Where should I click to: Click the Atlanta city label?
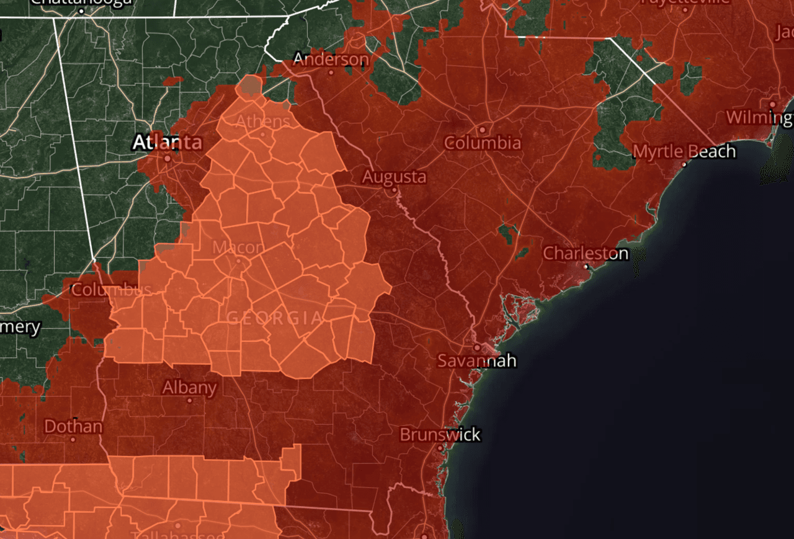point(167,143)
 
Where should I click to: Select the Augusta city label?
point(395,177)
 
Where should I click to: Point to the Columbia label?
point(482,143)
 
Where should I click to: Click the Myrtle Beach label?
point(684,151)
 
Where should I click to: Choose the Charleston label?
point(586,253)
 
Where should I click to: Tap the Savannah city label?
point(476,360)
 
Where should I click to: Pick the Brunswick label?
point(440,434)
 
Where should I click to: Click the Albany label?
point(189,388)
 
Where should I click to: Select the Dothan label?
point(73,426)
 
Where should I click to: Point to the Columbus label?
point(111,290)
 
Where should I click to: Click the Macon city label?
point(238,247)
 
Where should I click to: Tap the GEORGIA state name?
point(274,318)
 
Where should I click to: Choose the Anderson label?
point(331,60)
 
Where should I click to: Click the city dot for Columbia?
point(482,130)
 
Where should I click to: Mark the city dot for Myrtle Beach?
point(684,164)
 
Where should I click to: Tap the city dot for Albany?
point(190,401)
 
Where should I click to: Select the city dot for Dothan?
point(73,439)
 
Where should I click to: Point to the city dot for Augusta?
point(393,190)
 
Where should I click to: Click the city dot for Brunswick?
point(440,447)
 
